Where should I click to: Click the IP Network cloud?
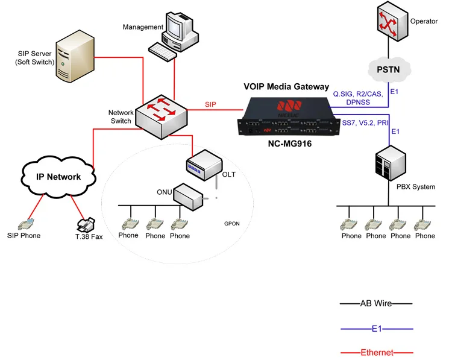[59, 177]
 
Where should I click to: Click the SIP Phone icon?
[25, 223]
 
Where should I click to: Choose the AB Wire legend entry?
[376, 303]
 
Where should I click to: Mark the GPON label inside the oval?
[232, 223]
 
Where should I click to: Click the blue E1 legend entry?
[376, 329]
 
